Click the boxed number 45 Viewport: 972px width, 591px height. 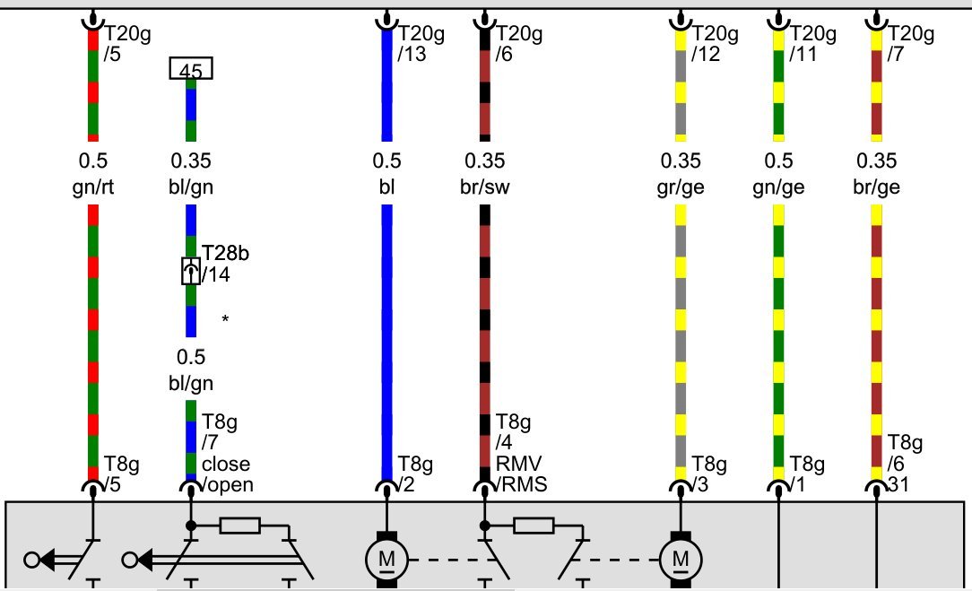(x=191, y=68)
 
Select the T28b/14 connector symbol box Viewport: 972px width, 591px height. (x=191, y=271)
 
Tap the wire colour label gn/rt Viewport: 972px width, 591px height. (x=93, y=187)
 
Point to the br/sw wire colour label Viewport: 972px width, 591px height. (x=485, y=187)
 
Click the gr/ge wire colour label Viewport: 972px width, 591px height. (x=681, y=187)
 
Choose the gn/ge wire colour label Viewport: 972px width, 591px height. (x=778, y=187)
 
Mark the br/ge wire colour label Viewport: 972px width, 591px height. (x=877, y=187)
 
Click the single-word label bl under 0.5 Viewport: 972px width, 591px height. (x=386, y=187)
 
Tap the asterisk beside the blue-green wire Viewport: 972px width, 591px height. (x=225, y=318)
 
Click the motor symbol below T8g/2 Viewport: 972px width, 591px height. (x=386, y=560)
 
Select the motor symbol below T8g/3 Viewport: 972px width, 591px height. (x=681, y=560)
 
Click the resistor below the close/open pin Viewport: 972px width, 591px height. (x=240, y=526)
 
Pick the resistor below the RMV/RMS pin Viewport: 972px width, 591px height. (x=534, y=526)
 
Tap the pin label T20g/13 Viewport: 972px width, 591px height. (x=421, y=43)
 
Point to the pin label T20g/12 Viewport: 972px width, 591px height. (x=715, y=43)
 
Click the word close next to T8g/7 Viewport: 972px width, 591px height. (x=226, y=464)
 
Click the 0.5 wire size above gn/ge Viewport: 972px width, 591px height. (x=778, y=161)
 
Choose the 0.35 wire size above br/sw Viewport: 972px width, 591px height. (x=485, y=161)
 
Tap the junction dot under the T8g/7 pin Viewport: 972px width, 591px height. (x=191, y=526)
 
